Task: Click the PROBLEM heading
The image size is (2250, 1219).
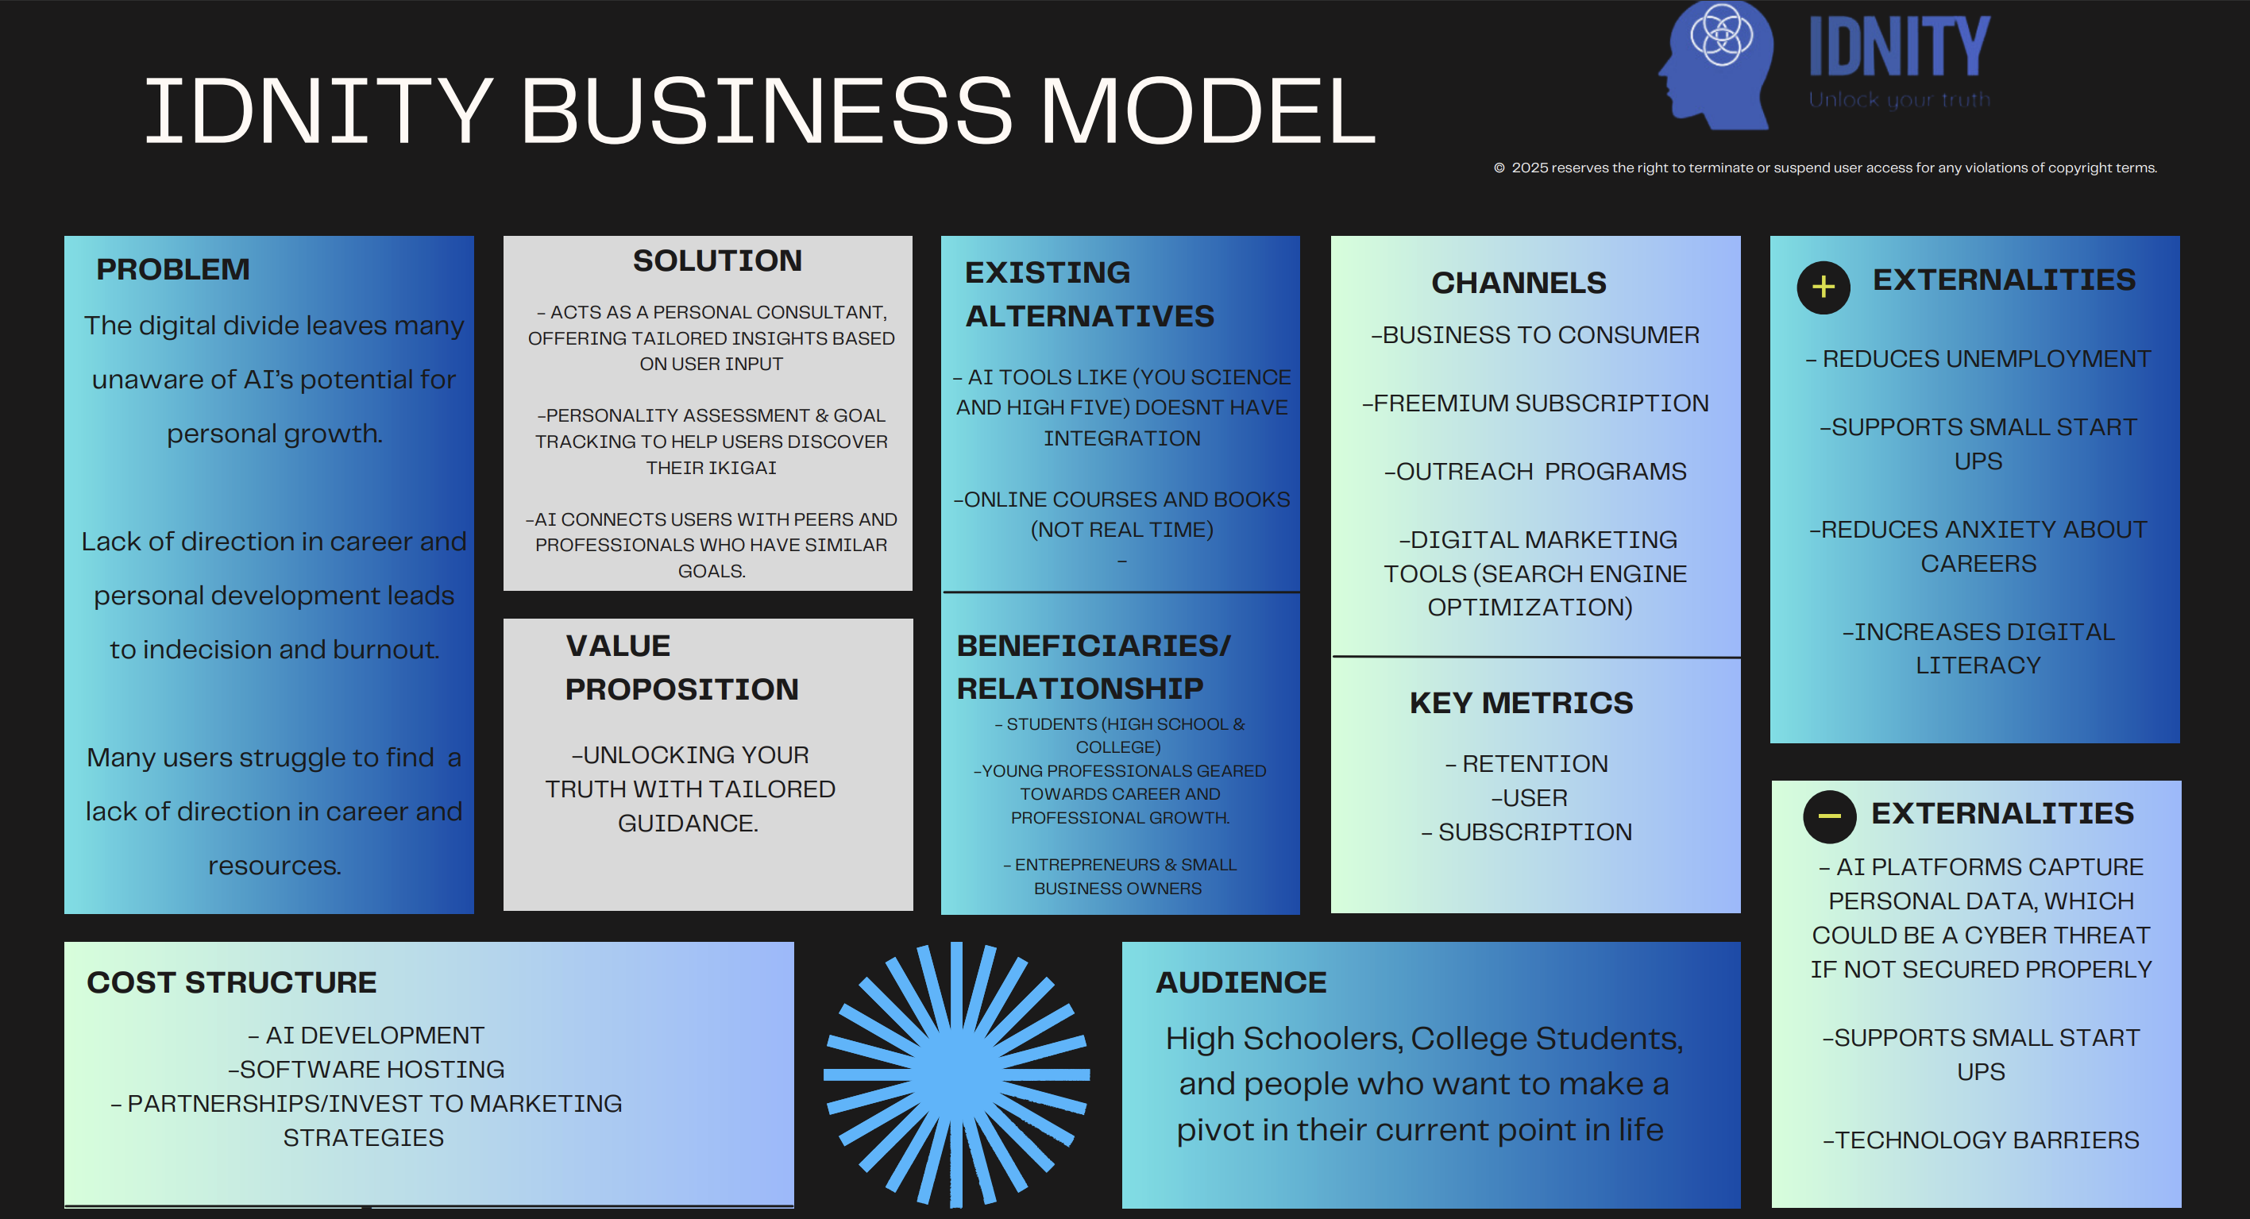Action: (173, 269)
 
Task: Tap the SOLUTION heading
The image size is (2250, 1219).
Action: (717, 260)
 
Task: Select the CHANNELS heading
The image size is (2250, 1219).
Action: (1518, 282)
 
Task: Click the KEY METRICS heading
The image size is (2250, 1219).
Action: (1521, 702)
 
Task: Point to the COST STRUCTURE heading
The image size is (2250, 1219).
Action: (231, 982)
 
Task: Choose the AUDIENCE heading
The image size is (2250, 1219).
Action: (1241, 982)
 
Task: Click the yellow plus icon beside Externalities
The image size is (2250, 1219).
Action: (1823, 287)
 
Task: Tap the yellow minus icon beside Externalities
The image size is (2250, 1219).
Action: (1829, 816)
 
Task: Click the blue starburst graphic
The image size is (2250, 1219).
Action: (956, 1074)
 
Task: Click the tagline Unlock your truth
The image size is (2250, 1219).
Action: (1899, 99)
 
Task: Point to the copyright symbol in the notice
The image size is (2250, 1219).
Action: (1499, 168)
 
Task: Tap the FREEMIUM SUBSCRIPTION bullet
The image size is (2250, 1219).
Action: (1535, 403)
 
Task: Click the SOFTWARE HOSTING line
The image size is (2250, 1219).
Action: (367, 1069)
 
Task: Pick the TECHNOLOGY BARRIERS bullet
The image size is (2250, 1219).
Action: (1980, 1140)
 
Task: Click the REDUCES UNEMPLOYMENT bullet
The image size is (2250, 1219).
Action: (1978, 358)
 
